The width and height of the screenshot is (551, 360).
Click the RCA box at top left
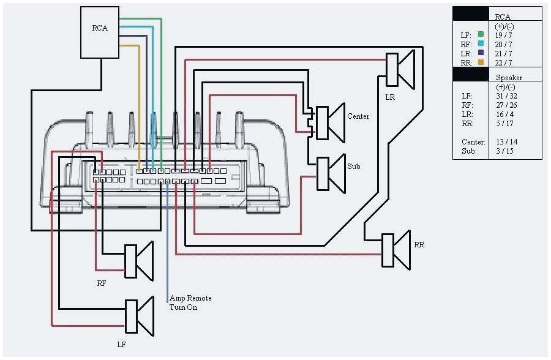pos(100,32)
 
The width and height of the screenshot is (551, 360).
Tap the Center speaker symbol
pos(329,122)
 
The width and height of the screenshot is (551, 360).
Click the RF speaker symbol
pos(138,262)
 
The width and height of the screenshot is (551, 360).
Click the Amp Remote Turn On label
pos(190,302)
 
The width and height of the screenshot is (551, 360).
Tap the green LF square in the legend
pos(481,35)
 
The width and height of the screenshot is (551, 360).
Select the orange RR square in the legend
pos(481,62)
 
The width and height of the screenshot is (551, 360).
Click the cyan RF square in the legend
pos(481,44)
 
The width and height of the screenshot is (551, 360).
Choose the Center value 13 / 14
pos(505,141)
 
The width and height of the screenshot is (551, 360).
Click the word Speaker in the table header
pos(509,78)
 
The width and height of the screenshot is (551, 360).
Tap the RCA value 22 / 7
pos(503,62)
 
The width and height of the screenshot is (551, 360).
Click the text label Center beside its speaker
pos(358,116)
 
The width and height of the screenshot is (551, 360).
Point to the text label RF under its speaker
pos(102,283)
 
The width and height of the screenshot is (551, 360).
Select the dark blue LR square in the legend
pos(481,53)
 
